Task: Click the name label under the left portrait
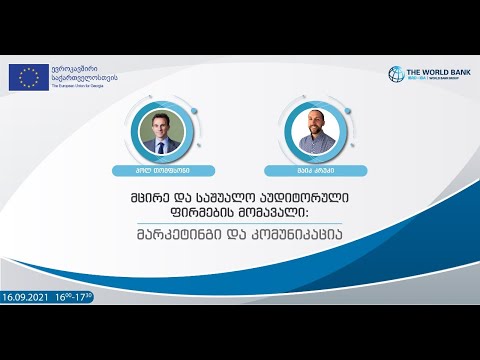pos(161,171)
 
